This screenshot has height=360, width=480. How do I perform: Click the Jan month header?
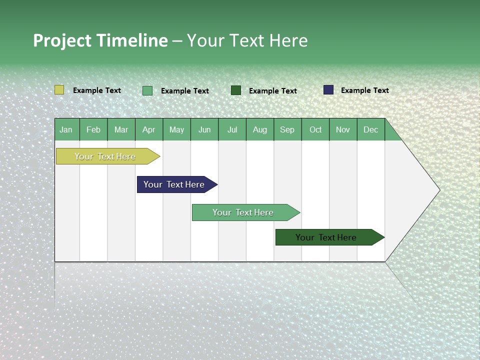tap(66, 129)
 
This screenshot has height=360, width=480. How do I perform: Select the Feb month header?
tap(93, 129)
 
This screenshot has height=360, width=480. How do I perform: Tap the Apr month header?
tap(148, 129)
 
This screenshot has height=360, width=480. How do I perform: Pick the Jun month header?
tap(204, 129)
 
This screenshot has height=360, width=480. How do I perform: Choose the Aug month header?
tap(259, 129)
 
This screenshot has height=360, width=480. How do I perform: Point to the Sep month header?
tap(287, 129)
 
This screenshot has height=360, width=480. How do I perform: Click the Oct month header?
tap(315, 129)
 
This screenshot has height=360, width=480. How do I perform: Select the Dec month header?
tap(370, 129)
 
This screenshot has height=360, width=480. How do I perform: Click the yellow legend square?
tap(59, 90)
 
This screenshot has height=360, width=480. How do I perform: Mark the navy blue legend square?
tap(328, 90)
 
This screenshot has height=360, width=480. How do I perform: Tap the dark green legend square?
tap(236, 90)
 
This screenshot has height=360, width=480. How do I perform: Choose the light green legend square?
tap(147, 90)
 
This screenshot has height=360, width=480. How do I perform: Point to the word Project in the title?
tap(62, 40)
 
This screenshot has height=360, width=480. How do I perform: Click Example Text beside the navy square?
tap(364, 90)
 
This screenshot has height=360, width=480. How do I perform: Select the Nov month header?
tap(343, 129)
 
